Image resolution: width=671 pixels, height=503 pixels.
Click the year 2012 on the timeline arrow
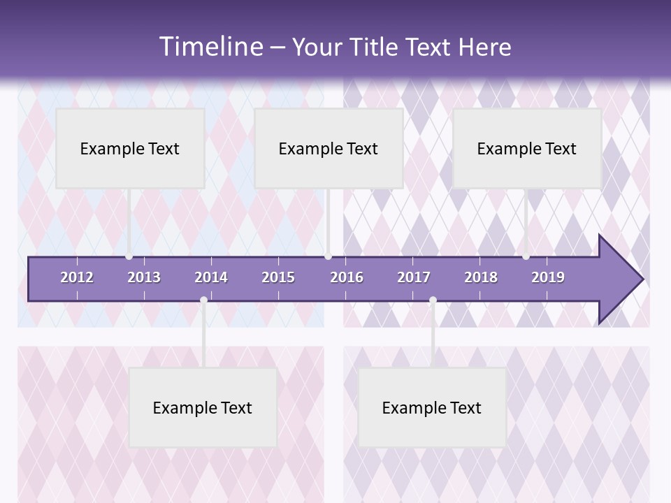[x=77, y=277]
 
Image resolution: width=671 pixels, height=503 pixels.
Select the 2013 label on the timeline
[x=144, y=277]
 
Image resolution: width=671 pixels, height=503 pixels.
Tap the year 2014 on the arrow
[x=211, y=277]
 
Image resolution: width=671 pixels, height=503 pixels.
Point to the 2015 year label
[x=278, y=277]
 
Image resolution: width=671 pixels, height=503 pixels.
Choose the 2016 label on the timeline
[x=347, y=277]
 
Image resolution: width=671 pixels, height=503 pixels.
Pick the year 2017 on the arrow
[x=414, y=277]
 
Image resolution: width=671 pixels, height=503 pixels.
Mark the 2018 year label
[x=481, y=277]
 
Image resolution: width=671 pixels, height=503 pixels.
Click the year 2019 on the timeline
[x=548, y=277]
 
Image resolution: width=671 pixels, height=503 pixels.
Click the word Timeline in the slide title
[x=210, y=47]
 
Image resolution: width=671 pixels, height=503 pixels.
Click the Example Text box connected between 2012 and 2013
[x=130, y=148]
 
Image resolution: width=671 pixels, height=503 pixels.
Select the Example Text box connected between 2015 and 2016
[x=329, y=148]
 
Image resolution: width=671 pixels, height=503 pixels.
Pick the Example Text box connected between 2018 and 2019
[x=527, y=148]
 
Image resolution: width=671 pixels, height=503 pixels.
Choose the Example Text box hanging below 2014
[x=203, y=407]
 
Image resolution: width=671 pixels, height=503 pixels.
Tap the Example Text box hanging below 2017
[x=432, y=407]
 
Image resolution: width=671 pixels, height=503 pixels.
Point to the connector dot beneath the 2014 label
[x=203, y=300]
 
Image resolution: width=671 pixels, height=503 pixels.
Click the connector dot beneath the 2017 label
[x=433, y=300]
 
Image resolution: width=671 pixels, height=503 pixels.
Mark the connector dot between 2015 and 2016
[x=328, y=256]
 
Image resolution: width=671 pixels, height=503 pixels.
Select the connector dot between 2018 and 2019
[x=526, y=256]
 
